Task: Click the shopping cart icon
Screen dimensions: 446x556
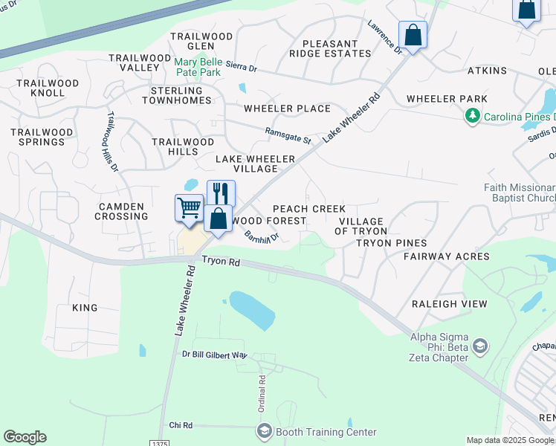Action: point(190,207)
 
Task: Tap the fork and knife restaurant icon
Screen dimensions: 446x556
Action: point(221,193)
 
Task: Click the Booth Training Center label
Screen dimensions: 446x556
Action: point(326,432)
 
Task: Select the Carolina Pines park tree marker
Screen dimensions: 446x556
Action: point(471,117)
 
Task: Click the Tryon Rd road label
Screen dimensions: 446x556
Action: point(221,262)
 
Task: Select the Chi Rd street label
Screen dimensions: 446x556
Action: point(181,425)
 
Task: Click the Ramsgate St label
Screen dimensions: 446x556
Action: point(288,135)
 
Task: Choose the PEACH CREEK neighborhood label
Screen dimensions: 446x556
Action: point(308,209)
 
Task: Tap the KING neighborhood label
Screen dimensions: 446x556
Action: point(85,307)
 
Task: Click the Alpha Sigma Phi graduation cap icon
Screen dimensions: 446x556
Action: point(480,346)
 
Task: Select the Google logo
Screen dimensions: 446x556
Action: point(25,437)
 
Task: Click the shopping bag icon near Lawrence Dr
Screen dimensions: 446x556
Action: point(413,34)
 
